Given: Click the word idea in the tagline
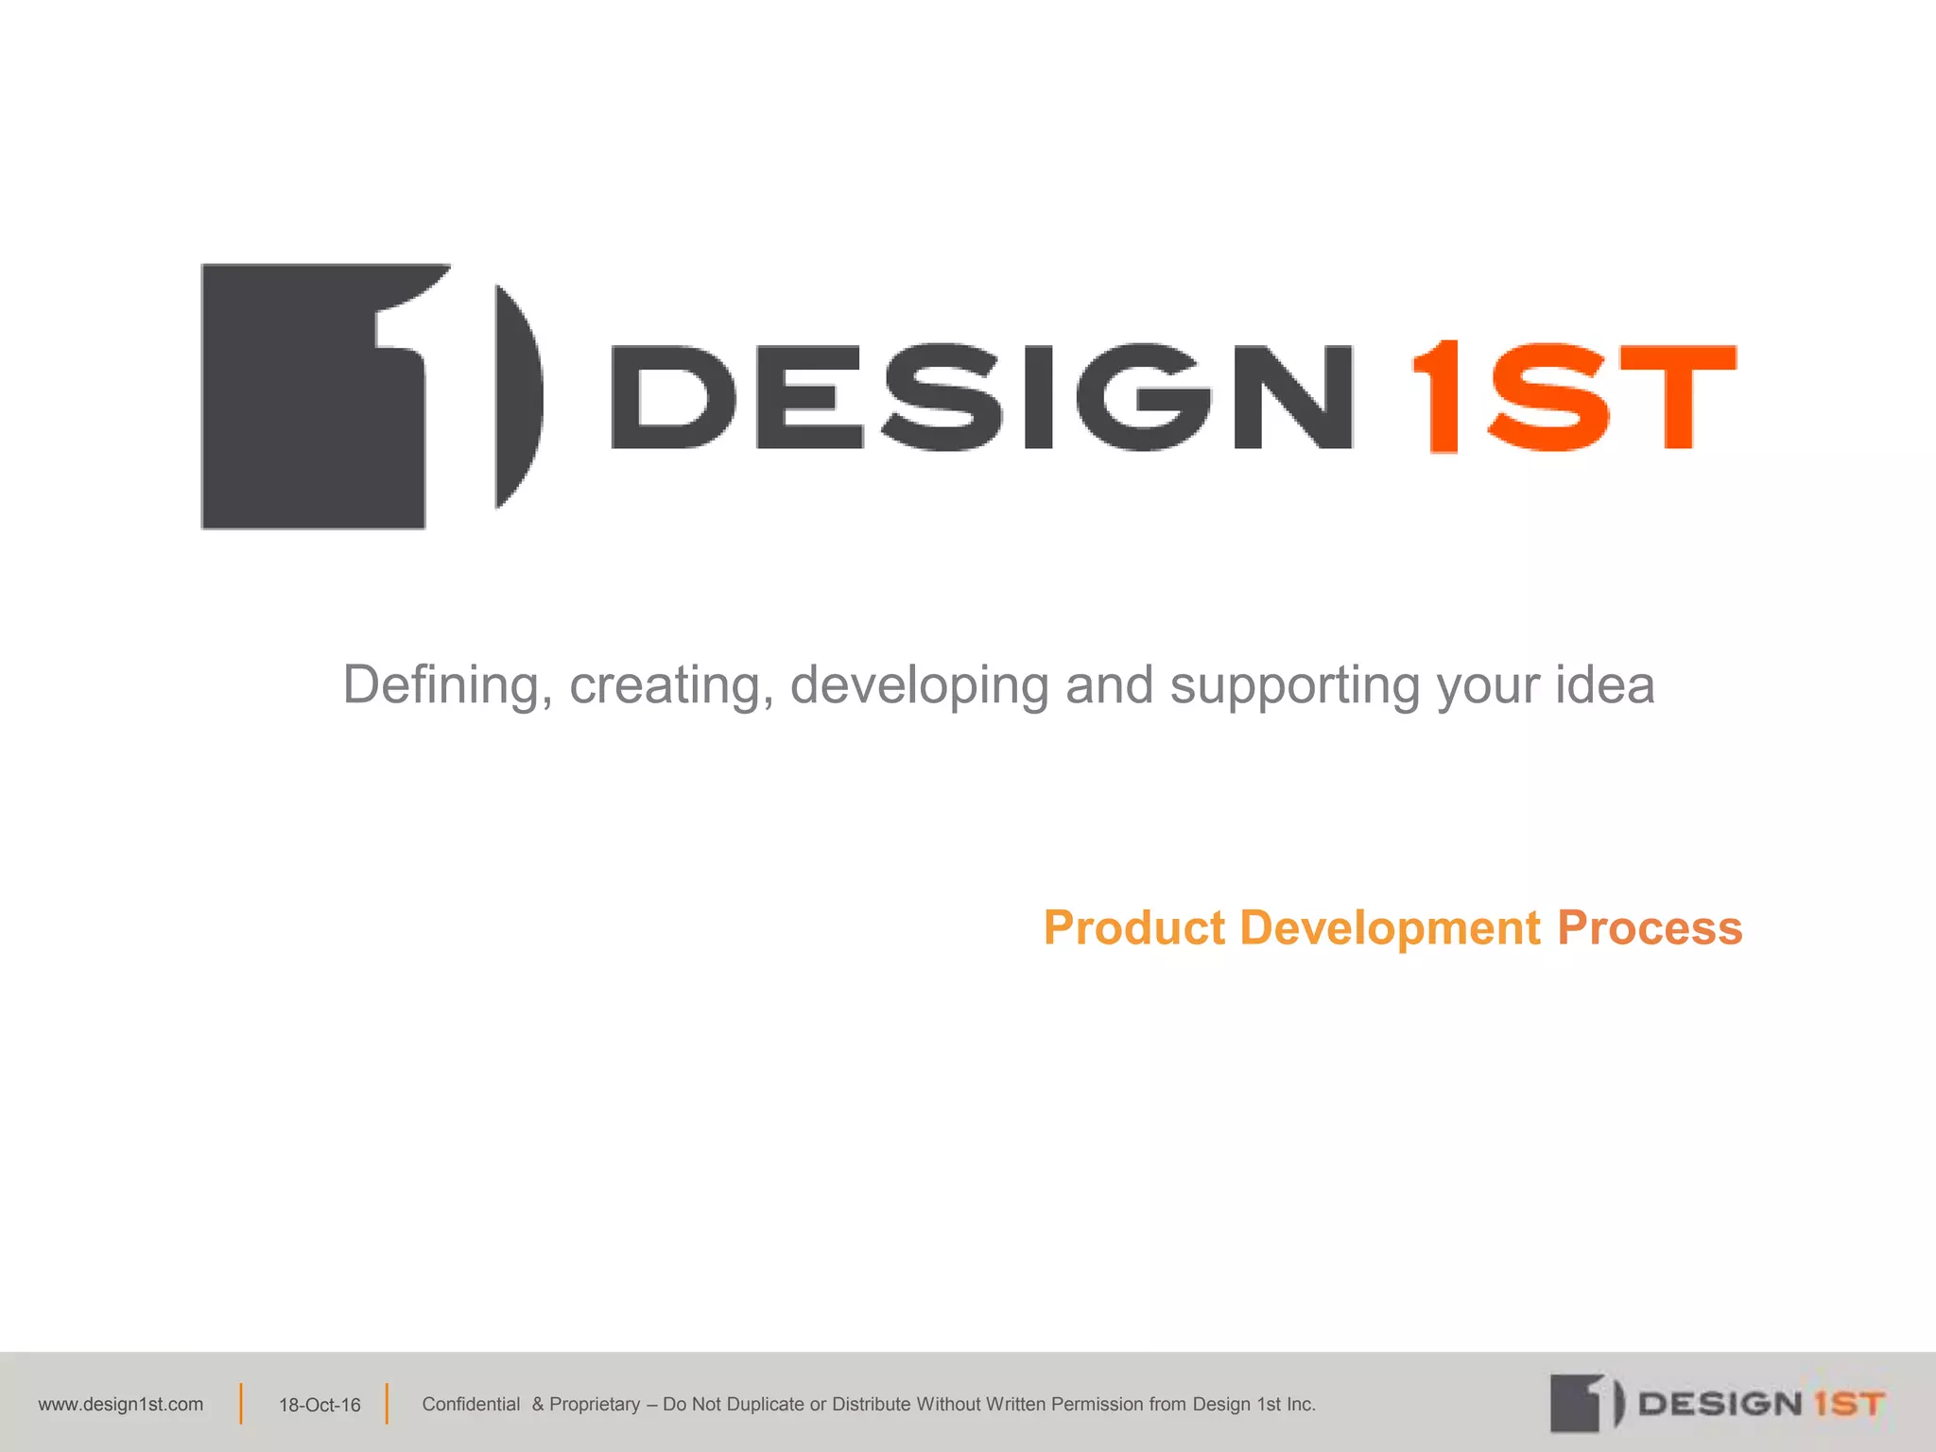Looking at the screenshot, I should (x=1604, y=684).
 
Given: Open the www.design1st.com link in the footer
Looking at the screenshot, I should (x=121, y=1405).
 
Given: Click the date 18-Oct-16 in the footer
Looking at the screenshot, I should (x=320, y=1406).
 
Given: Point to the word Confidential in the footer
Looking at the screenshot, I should (x=471, y=1405).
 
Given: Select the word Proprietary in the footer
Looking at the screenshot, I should (x=595, y=1405).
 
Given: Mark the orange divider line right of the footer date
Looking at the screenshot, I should (x=387, y=1404).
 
